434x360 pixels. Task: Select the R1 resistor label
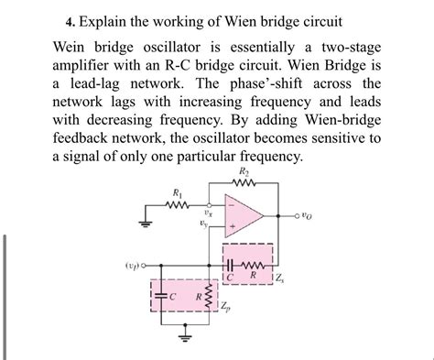click(x=177, y=192)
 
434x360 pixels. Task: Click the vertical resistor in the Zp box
click(x=205, y=298)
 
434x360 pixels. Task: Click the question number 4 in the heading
click(x=69, y=21)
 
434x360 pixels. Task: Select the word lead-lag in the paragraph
click(x=92, y=83)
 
